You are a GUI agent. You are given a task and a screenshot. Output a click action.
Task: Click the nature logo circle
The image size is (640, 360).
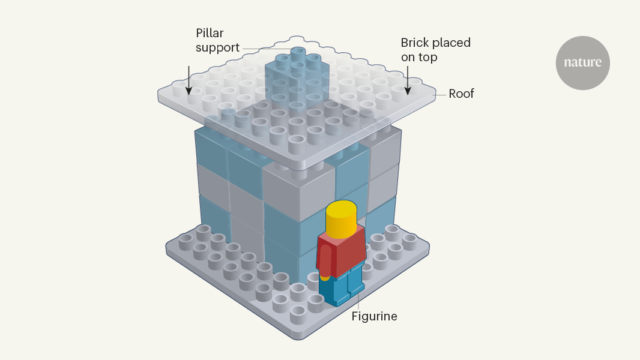tap(582, 63)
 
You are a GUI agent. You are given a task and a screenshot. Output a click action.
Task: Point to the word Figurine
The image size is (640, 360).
tap(374, 316)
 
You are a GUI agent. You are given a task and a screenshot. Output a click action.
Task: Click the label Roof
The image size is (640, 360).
tap(461, 94)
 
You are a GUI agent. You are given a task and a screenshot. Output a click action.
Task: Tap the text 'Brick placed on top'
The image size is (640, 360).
tap(435, 50)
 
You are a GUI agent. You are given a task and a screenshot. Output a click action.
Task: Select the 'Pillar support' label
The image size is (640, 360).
tap(217, 39)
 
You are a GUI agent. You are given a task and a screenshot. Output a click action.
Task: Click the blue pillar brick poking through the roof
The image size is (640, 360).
tap(297, 78)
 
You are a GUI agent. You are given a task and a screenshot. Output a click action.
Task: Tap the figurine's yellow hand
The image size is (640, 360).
tap(325, 277)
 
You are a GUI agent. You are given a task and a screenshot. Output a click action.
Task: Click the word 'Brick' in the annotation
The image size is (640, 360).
tap(415, 43)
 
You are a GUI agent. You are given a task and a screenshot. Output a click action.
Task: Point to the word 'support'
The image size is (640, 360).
tap(217, 47)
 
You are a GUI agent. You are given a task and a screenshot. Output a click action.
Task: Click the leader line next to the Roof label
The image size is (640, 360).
tap(439, 94)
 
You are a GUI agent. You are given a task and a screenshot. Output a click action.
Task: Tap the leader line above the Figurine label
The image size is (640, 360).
tap(358, 300)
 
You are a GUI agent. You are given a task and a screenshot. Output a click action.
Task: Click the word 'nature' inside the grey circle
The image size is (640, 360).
tap(582, 62)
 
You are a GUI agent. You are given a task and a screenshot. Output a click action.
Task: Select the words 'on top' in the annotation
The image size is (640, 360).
tap(420, 58)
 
